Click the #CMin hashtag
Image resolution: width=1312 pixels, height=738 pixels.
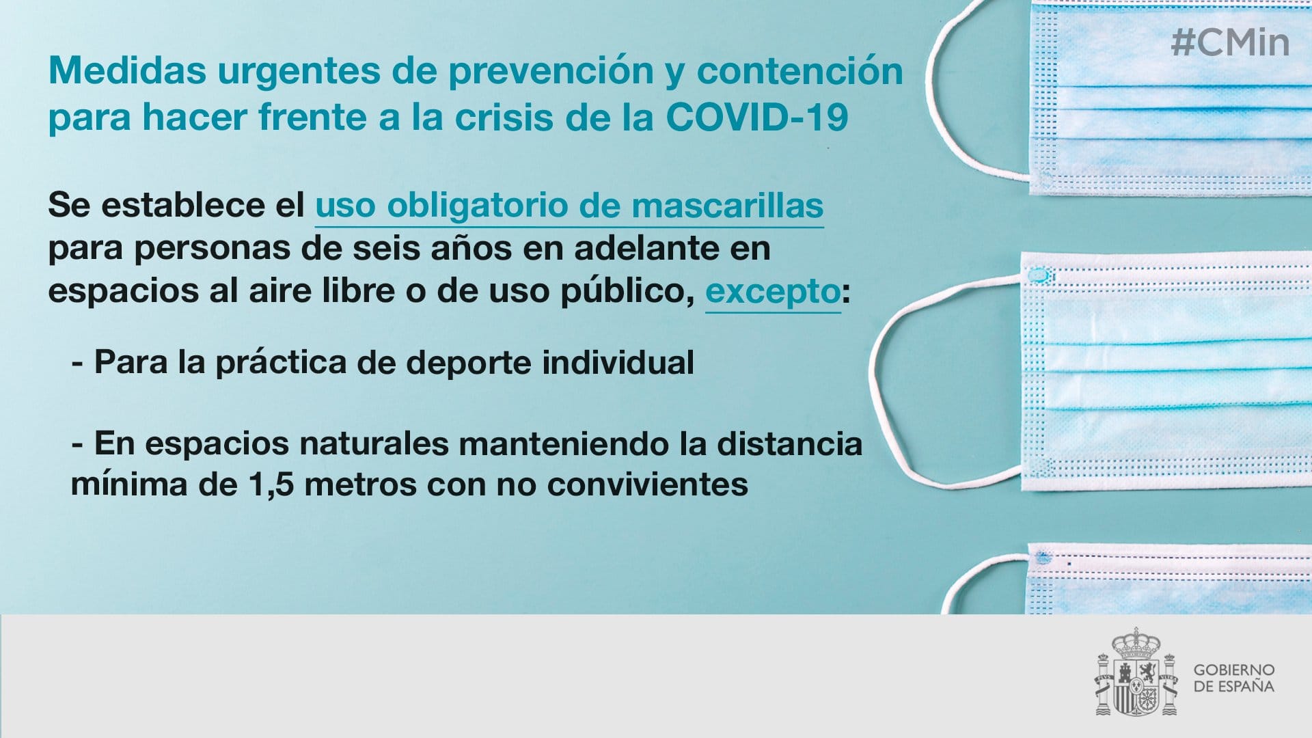[x=1230, y=42]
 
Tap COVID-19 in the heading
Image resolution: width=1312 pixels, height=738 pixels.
[x=757, y=117]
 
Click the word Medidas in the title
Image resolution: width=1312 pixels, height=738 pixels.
[x=127, y=70]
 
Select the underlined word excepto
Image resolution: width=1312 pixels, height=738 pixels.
[x=773, y=292]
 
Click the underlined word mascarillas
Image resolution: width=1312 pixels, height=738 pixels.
[x=727, y=206]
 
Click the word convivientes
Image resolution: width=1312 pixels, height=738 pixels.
[x=648, y=484]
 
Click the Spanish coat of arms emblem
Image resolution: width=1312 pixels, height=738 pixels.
[x=1137, y=672]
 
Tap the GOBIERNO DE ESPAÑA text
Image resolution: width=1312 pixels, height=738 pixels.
[x=1234, y=678]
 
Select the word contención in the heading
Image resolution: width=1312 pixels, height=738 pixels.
[x=799, y=70]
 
